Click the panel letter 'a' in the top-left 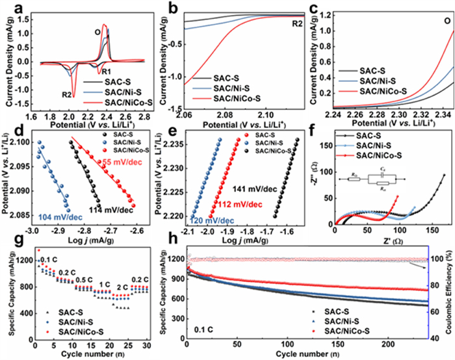click(8, 7)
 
